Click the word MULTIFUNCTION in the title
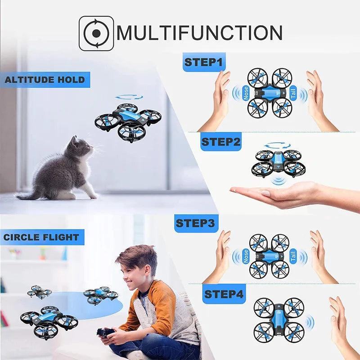click(200, 33)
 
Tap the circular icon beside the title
click(96, 33)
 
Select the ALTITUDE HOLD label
click(45, 80)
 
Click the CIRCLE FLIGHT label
click(41, 237)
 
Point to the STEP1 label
click(204, 62)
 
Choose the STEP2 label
click(221, 142)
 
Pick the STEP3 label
click(196, 223)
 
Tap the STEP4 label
click(224, 294)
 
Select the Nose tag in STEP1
click(246, 93)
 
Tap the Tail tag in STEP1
click(293, 93)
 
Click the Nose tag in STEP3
click(246, 255)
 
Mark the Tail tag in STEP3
click(293, 255)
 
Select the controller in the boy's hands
click(105, 333)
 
